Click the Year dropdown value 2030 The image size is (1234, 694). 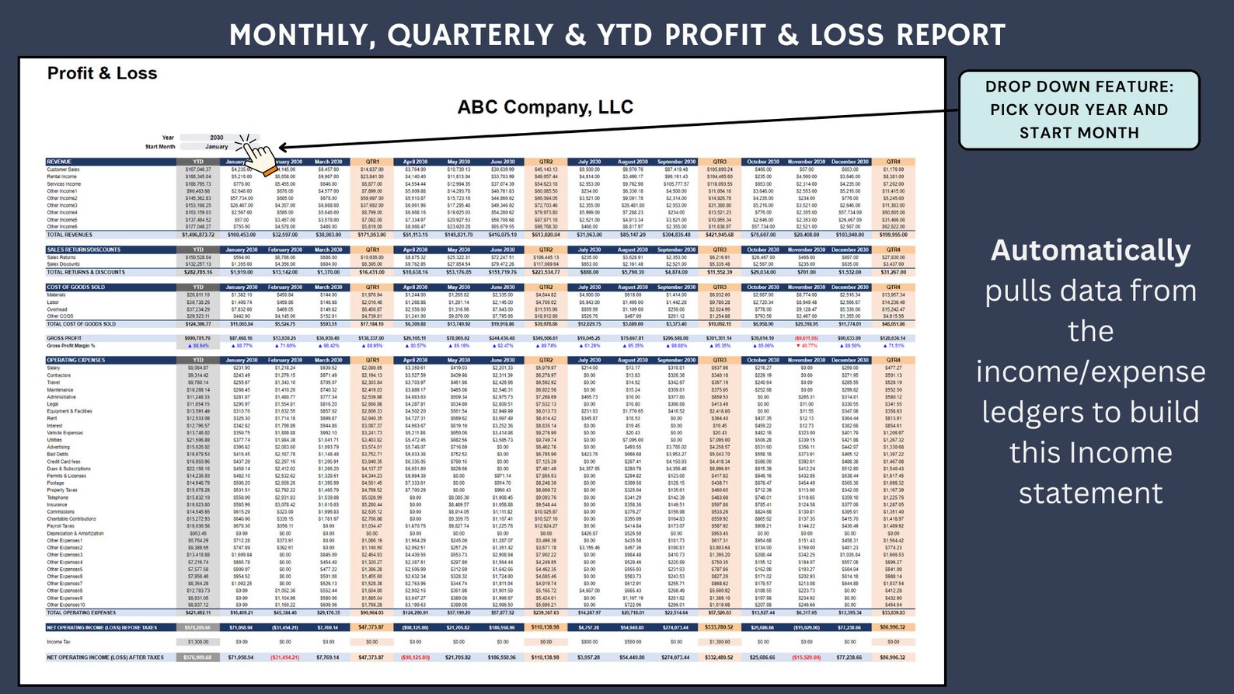tap(217, 138)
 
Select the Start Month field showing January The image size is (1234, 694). tap(217, 146)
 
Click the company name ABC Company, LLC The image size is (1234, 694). tap(545, 107)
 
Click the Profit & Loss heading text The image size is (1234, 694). tap(102, 73)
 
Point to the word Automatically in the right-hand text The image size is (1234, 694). tap(1090, 250)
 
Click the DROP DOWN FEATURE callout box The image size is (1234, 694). tap(1079, 110)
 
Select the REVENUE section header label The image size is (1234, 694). tap(59, 162)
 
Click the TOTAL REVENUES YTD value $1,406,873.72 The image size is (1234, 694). tap(197, 235)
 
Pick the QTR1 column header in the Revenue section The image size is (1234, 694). tap(372, 162)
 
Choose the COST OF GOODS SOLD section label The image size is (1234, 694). tap(75, 287)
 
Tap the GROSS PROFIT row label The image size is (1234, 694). tap(64, 338)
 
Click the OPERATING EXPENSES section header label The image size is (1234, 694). tap(75, 360)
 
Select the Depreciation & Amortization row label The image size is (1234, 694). tap(75, 533)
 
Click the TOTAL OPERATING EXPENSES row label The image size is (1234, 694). tap(81, 612)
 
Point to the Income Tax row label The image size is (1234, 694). tap(59, 642)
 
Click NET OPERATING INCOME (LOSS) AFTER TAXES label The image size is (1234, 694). tap(105, 657)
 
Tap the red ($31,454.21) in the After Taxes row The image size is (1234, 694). tap(284, 657)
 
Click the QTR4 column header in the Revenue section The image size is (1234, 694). tap(893, 162)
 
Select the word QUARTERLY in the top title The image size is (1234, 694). tap(472, 35)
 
